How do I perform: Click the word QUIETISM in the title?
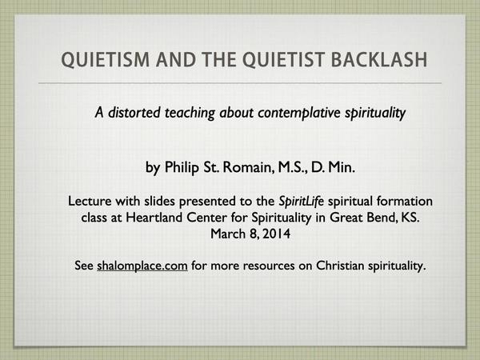click(x=106, y=60)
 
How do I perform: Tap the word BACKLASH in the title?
click(x=379, y=59)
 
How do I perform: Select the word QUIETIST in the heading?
click(x=283, y=60)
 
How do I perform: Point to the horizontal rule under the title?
click(x=240, y=83)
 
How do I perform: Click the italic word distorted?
click(x=134, y=112)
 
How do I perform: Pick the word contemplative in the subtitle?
click(x=299, y=113)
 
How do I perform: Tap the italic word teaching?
click(x=190, y=113)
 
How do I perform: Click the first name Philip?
click(x=182, y=167)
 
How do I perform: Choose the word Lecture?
click(x=90, y=201)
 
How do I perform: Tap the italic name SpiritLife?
click(x=302, y=201)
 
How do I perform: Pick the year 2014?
click(x=277, y=234)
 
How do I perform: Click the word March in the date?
click(x=228, y=234)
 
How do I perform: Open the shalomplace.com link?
click(x=142, y=266)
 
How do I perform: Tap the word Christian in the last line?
click(x=340, y=265)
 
